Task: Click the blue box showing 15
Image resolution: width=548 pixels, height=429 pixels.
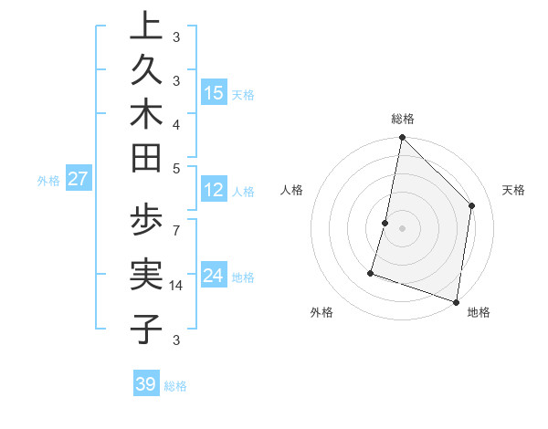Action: pos(214,92)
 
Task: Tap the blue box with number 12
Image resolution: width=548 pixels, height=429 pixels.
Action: pos(214,190)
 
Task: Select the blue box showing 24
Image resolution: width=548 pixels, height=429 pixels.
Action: pos(214,276)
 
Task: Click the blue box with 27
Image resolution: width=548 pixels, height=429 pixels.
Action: pos(78,179)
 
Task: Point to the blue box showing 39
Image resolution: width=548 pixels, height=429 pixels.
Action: pos(146,384)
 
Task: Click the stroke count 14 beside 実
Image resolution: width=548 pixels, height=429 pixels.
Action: pos(177,286)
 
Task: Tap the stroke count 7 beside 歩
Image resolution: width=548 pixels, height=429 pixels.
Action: pos(176,224)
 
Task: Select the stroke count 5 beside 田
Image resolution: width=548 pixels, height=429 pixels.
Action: pos(176,169)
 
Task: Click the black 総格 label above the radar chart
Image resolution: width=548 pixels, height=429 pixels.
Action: pos(403,119)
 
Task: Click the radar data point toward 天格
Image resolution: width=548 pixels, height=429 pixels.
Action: pos(472,205)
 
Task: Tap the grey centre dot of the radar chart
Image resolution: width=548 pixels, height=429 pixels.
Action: pos(402,228)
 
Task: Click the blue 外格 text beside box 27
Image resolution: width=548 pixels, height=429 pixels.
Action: pos(48,181)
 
